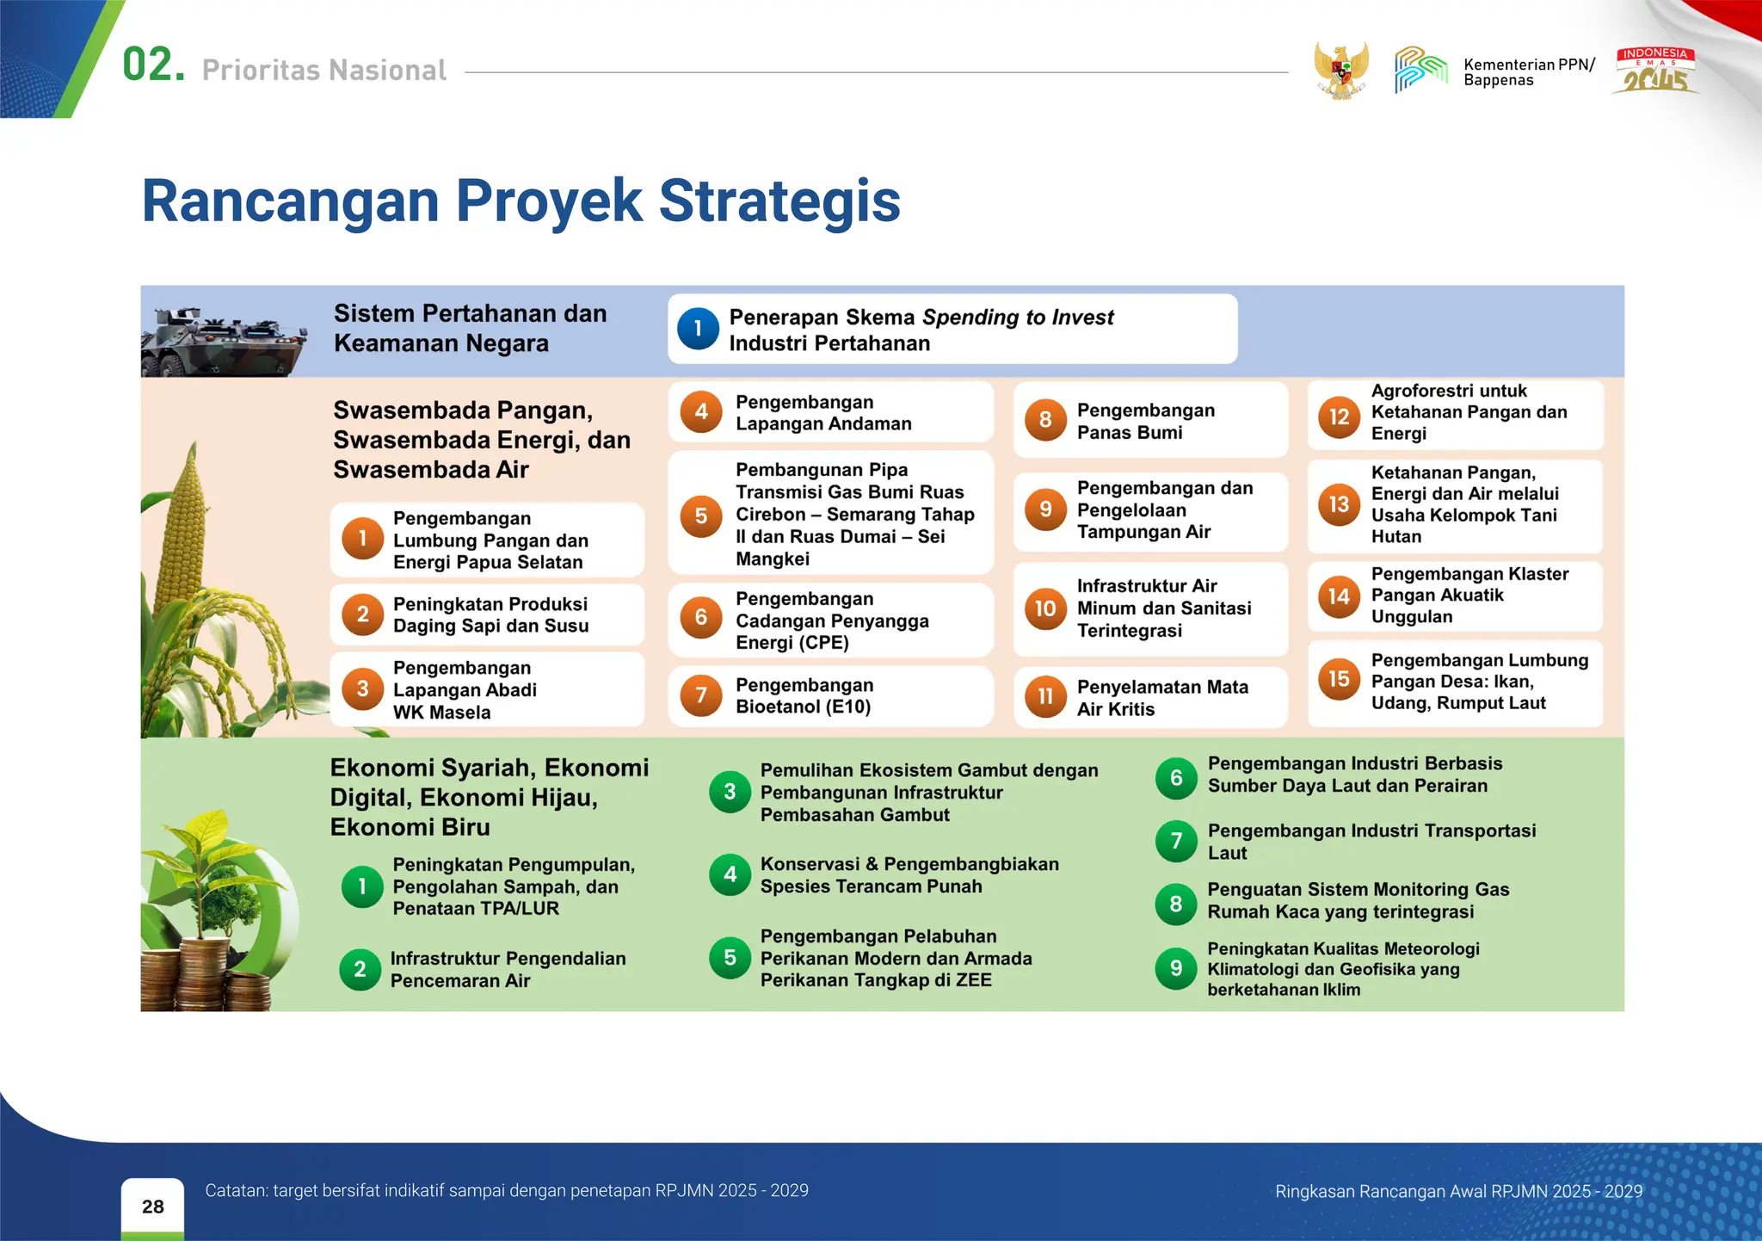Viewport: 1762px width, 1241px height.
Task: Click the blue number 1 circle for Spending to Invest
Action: pyautogui.click(x=698, y=329)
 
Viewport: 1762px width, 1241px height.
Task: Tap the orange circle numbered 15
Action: pyautogui.click(x=1339, y=680)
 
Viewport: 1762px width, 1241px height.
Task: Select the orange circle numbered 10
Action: pyautogui.click(x=1045, y=608)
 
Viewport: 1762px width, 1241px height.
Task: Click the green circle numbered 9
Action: pyautogui.click(x=1175, y=969)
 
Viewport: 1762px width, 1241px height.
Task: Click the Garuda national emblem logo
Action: pyautogui.click(x=1340, y=70)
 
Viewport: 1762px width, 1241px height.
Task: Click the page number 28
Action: pyautogui.click(x=153, y=1207)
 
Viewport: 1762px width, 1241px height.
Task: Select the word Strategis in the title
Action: pyautogui.click(x=779, y=201)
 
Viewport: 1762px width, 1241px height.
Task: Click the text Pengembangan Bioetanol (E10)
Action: pyautogui.click(x=804, y=695)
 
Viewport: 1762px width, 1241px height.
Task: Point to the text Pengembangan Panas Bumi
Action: pyautogui.click(x=1145, y=421)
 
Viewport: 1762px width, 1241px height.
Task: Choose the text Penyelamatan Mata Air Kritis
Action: pyautogui.click(x=1161, y=697)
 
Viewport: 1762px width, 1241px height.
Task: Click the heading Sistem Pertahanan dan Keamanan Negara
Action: pyautogui.click(x=470, y=328)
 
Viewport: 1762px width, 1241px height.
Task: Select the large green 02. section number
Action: pyautogui.click(x=153, y=65)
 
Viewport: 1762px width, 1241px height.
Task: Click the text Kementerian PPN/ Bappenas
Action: pyautogui.click(x=1528, y=72)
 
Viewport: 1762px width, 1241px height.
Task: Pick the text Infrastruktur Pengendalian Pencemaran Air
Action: pyautogui.click(x=508, y=969)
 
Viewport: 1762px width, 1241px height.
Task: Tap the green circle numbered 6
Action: pyautogui.click(x=1175, y=778)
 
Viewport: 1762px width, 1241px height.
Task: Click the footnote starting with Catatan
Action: pyautogui.click(x=506, y=1190)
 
